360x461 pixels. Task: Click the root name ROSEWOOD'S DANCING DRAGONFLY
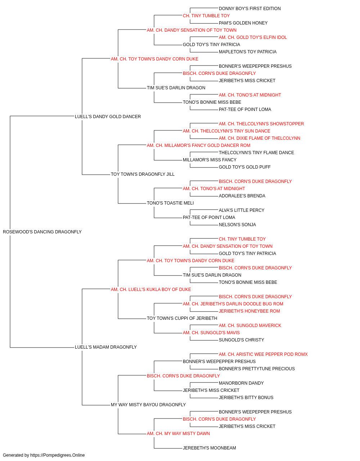(42, 232)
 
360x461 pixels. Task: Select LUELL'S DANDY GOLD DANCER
(108, 117)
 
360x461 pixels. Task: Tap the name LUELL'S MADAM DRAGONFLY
(106, 347)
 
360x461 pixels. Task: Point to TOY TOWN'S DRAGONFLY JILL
(143, 174)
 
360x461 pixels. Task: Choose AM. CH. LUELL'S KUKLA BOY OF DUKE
(151, 290)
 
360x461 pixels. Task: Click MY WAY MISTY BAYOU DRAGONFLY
(148, 405)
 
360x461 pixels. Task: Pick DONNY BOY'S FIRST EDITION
(250, 9)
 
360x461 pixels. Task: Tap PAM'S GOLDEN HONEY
(243, 23)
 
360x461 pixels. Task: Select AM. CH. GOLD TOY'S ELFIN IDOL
(253, 37)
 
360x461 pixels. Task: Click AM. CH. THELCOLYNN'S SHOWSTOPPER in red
(261, 124)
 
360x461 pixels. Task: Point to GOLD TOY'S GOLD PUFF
(245, 167)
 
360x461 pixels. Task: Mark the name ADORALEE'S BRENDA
(242, 196)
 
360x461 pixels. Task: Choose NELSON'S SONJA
(237, 225)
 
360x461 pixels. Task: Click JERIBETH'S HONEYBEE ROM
(249, 311)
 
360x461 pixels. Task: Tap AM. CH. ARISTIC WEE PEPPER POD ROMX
(263, 354)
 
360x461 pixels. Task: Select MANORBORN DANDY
(241, 383)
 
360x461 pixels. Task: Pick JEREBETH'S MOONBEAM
(210, 448)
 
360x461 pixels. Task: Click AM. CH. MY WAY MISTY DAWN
(178, 434)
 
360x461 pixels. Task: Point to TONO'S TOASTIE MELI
(170, 203)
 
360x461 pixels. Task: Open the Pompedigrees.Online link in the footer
(58, 455)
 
